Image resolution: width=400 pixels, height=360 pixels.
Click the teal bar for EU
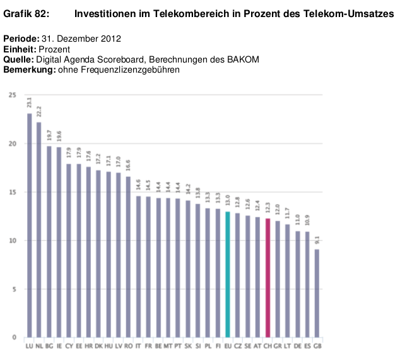pyautogui.click(x=228, y=274)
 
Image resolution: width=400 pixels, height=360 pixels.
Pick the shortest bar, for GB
pyautogui.click(x=317, y=293)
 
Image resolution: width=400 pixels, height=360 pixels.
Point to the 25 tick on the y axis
pyautogui.click(x=13, y=95)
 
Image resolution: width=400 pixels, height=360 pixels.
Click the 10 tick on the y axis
pyautogui.click(x=13, y=241)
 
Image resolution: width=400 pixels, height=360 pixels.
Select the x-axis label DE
pyautogui.click(x=297, y=346)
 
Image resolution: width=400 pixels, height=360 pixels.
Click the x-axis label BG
pyautogui.click(x=49, y=346)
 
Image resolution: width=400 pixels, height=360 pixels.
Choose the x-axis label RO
pyautogui.click(x=128, y=346)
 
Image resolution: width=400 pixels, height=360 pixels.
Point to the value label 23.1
pyautogui.click(x=29, y=103)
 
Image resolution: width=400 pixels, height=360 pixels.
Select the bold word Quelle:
pyautogui.click(x=19, y=59)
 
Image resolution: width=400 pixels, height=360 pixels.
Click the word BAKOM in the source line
pyautogui.click(x=245, y=59)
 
